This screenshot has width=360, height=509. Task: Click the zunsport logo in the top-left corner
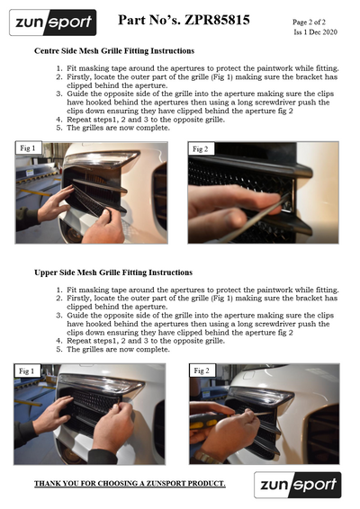pos(53,22)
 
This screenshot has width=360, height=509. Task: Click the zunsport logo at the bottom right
pos(298,485)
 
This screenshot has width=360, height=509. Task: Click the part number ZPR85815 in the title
pos(217,20)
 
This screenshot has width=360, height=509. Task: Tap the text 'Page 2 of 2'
pos(309,22)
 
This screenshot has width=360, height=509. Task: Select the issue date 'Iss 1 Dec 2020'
pos(315,32)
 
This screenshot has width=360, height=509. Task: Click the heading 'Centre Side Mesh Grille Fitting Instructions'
pos(114,51)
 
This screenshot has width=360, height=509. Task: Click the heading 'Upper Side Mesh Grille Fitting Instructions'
pos(113,272)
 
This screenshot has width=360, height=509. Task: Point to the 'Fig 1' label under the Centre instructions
pos(28,148)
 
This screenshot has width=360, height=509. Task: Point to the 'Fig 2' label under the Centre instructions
pos(200,149)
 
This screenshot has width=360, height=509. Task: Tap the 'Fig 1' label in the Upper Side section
pos(26,371)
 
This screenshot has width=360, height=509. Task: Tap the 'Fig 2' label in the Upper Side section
pos(202,371)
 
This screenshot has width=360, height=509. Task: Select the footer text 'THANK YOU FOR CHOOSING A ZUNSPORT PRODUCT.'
pos(130,484)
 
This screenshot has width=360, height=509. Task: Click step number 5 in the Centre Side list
pos(58,128)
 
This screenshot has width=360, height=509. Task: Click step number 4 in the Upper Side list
pos(58,341)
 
